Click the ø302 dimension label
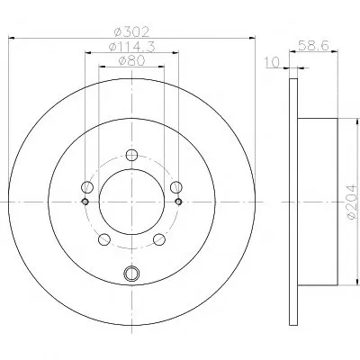pyautogui.click(x=132, y=31)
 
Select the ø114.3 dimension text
pyautogui.click(x=132, y=47)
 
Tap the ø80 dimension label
pyautogui.click(x=132, y=61)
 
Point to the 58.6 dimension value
pyautogui.click(x=313, y=46)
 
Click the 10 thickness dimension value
pyautogui.click(x=272, y=62)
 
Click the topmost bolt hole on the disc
pyautogui.click(x=131, y=155)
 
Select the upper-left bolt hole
pyautogui.click(x=87, y=187)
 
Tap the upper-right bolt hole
pyautogui.click(x=176, y=187)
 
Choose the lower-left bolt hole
pyautogui.click(x=104, y=239)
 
